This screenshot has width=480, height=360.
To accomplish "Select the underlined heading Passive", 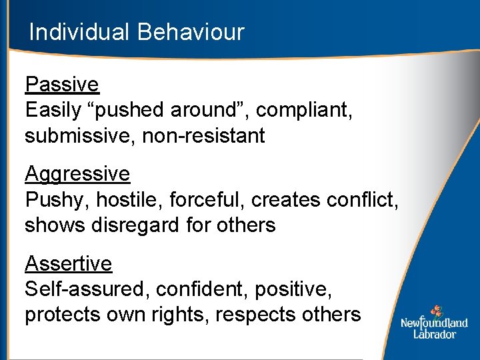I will coord(61,85).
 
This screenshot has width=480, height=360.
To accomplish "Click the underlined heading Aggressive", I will coord(77,174).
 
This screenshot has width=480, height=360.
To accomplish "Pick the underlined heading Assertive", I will coord(68,264).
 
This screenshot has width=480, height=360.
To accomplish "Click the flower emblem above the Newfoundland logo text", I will coord(436,311).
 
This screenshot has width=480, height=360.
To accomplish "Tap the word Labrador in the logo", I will coord(434,333).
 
